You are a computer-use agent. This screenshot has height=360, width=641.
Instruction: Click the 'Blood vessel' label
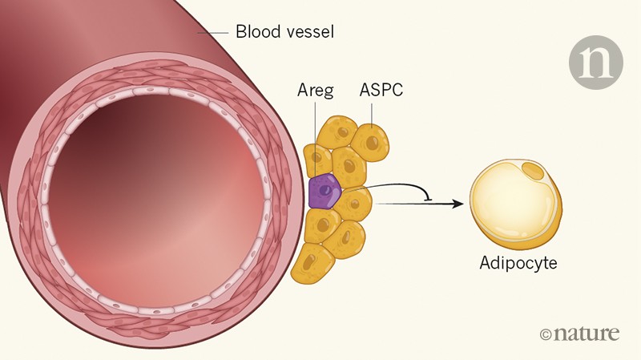[284, 33]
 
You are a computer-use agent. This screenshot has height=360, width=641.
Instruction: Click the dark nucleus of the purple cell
[325, 191]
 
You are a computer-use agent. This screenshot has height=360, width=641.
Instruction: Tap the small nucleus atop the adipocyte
[532, 169]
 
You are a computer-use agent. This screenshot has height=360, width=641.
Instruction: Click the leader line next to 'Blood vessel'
[213, 33]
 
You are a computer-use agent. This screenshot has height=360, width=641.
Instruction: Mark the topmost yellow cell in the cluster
[337, 131]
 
